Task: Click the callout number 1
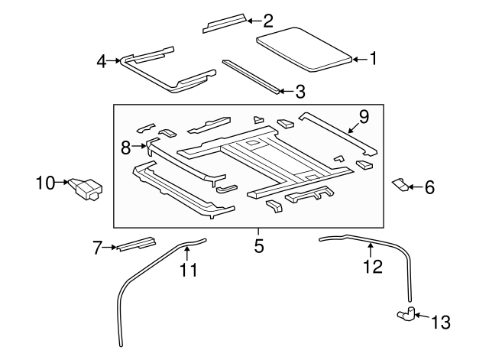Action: (x=374, y=58)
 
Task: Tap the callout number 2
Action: (x=267, y=21)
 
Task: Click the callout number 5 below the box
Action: (x=259, y=246)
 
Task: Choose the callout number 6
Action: (x=429, y=186)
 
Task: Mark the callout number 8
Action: (x=126, y=148)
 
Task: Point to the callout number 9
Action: (x=364, y=117)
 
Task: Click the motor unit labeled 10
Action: (x=86, y=188)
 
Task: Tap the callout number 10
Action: (x=45, y=183)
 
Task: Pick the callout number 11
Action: (x=188, y=269)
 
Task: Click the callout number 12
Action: (x=371, y=267)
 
